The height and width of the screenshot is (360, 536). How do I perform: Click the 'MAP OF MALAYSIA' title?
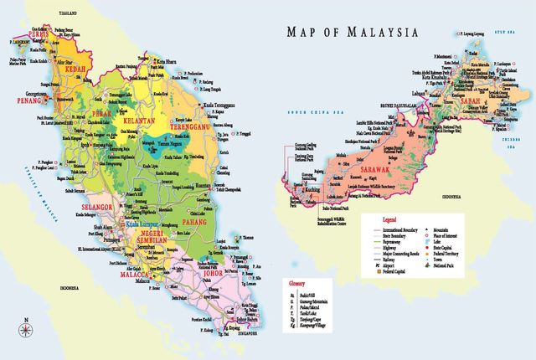pos(352,33)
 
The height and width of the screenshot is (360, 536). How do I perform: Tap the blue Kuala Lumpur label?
pos(143,224)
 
